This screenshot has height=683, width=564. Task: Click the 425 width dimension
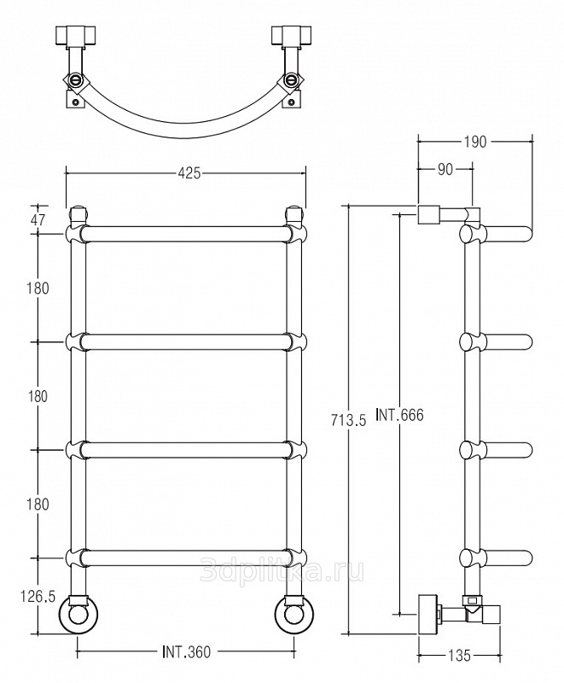pyautogui.click(x=189, y=173)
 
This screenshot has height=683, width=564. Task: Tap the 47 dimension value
pyautogui.click(x=38, y=219)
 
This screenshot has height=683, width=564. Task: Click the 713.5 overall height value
pyautogui.click(x=350, y=419)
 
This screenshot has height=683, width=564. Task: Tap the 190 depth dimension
pyautogui.click(x=475, y=143)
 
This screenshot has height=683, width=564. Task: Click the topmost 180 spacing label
pyautogui.click(x=38, y=288)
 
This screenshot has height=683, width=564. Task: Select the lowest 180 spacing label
pyautogui.click(x=38, y=504)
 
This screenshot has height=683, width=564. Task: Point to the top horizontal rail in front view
pyautogui.click(x=186, y=234)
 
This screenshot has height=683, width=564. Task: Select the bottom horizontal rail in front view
pyautogui.click(x=186, y=558)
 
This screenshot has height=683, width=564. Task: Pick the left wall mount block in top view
pyautogui.click(x=76, y=37)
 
